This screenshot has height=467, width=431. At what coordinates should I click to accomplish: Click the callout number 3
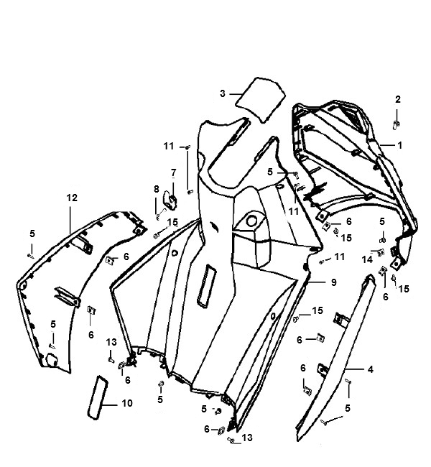click(223, 94)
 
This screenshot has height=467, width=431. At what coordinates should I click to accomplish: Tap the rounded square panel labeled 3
click(260, 100)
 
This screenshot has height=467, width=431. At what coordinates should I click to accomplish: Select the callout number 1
click(399, 145)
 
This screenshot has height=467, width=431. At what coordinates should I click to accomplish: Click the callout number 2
click(398, 99)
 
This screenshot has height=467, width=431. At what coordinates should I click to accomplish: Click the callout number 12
click(72, 198)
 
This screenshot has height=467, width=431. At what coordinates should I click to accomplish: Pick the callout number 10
click(127, 403)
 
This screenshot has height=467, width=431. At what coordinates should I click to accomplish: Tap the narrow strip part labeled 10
click(97, 397)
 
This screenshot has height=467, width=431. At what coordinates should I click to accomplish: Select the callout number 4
click(370, 369)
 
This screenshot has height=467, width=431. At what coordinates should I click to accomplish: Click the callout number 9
click(333, 282)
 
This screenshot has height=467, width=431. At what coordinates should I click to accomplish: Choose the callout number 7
click(174, 172)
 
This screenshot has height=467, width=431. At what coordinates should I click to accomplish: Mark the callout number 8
click(157, 189)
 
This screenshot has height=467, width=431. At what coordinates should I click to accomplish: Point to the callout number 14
click(367, 259)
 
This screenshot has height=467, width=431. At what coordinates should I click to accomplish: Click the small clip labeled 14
click(381, 253)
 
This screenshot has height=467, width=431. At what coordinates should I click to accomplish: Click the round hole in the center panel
click(251, 221)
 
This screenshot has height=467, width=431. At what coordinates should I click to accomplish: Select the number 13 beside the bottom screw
click(247, 438)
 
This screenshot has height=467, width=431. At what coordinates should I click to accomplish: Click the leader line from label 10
click(110, 405)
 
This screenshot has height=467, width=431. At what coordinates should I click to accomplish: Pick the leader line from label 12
click(70, 219)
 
